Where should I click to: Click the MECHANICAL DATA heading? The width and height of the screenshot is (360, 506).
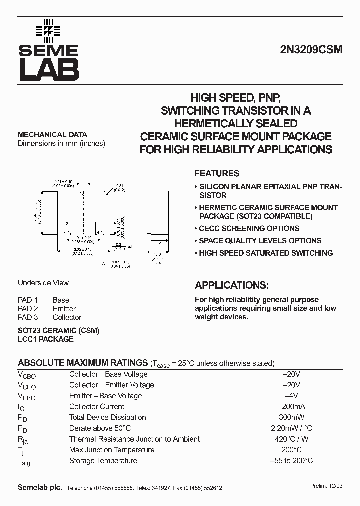click(x=52, y=135)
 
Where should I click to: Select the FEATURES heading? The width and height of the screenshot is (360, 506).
click(x=217, y=174)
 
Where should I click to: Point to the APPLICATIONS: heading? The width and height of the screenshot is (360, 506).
click(x=231, y=285)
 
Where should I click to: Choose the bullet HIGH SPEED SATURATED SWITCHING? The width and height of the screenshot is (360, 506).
click(x=265, y=253)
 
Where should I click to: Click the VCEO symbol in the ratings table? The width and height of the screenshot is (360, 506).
click(x=27, y=385)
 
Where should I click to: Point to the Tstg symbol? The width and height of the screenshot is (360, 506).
click(x=24, y=462)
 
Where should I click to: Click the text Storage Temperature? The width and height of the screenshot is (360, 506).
click(x=103, y=461)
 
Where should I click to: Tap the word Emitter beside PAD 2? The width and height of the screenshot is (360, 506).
click(x=64, y=309)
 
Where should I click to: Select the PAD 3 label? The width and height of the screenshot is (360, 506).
click(x=28, y=318)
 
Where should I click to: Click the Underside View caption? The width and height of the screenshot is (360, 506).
click(x=43, y=283)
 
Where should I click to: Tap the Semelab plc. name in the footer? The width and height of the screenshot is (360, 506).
click(x=40, y=488)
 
